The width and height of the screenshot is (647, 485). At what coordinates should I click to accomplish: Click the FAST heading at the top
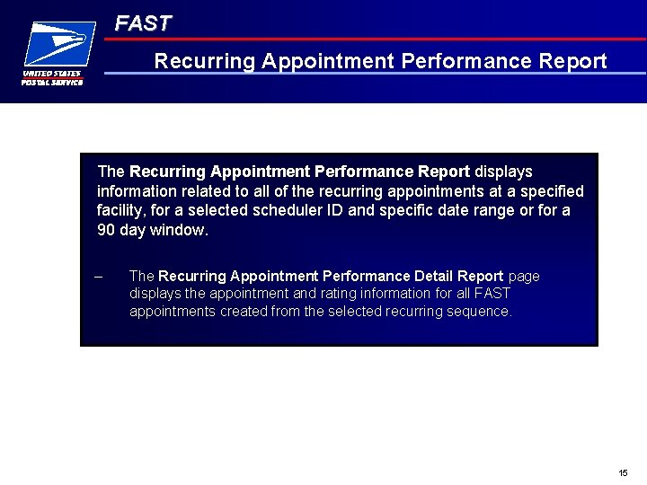coord(143,24)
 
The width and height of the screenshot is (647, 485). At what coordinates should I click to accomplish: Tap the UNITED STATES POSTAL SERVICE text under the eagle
coord(52,78)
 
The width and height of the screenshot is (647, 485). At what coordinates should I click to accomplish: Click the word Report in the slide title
coord(573,61)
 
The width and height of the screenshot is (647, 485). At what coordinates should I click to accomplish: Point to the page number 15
coord(624,472)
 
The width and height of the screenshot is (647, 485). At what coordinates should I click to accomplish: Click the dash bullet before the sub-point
coord(99,277)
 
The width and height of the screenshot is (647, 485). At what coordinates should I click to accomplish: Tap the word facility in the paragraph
coord(120,211)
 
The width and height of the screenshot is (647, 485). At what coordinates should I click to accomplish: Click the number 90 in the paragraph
coord(106,231)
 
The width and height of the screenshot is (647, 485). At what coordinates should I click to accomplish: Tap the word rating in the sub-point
coord(339,294)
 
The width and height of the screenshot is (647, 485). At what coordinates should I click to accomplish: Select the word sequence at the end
coord(483,312)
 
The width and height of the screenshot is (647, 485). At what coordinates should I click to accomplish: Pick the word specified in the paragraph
coord(549,191)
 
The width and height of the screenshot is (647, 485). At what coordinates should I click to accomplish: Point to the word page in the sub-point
coord(524,277)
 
